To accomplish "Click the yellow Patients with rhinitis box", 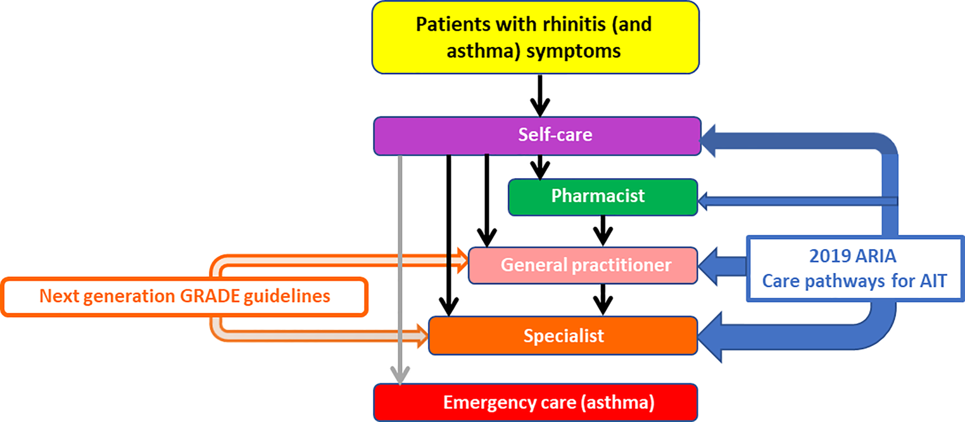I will (535, 37).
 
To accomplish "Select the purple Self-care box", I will (537, 136).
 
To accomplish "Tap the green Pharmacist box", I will (602, 197).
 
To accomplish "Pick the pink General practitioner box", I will (583, 265).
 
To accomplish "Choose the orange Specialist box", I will (563, 335).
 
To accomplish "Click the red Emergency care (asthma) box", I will (535, 402).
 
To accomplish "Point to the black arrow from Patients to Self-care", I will (539, 94).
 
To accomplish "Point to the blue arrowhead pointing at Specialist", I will (716, 336).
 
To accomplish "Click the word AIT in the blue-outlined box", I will (929, 281).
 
